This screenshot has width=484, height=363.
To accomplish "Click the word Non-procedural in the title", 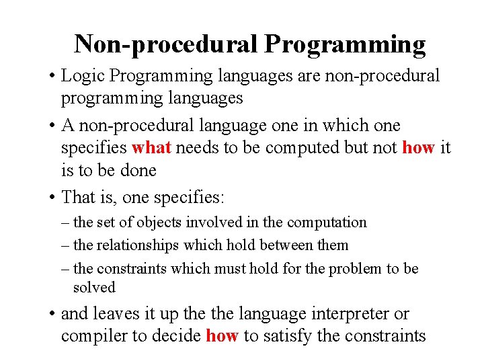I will [166, 44].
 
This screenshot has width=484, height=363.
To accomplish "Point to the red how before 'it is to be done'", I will [417, 148].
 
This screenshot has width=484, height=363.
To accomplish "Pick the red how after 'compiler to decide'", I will [222, 336].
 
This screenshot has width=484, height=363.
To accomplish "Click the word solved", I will [94, 287].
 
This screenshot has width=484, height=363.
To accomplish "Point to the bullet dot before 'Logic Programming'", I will [52, 76].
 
